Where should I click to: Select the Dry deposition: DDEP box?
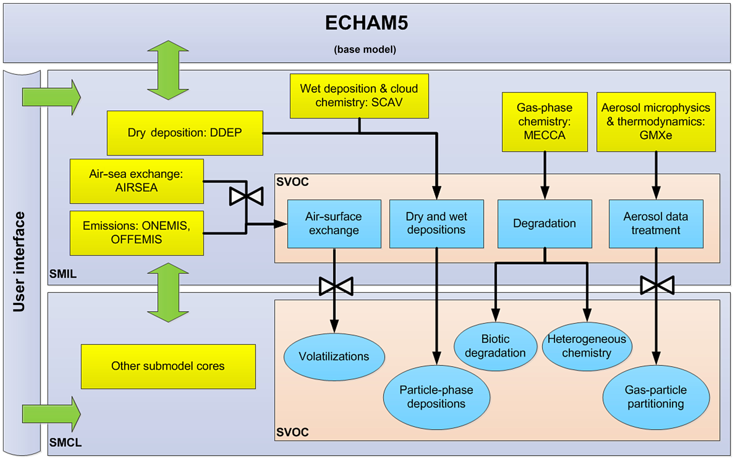pos(185,133)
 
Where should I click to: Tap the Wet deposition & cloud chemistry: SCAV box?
pos(359,96)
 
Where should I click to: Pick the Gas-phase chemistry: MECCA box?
pos(544,122)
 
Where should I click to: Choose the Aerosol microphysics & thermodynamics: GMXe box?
pos(656,122)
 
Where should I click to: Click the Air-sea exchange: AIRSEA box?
pos(137,181)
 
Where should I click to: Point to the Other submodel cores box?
pos(168,366)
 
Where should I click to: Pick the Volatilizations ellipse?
pos(334,357)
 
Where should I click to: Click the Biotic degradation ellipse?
pos(495,346)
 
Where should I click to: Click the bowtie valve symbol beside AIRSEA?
pos(246,196)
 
